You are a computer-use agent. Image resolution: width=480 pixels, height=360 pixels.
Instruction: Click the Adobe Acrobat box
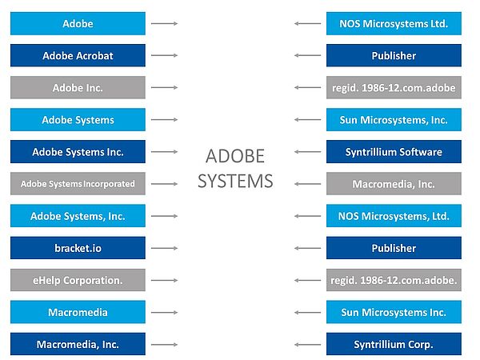pyautogui.click(x=78, y=55)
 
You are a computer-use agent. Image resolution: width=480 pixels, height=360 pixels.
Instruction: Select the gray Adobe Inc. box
pyautogui.click(x=78, y=87)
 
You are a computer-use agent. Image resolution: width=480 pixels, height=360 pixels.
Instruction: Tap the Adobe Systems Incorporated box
pyautogui.click(x=78, y=184)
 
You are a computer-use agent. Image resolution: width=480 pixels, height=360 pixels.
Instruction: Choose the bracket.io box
pyautogui.click(x=78, y=248)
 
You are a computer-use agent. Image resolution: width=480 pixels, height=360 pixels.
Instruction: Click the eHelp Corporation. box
pyautogui.click(x=78, y=280)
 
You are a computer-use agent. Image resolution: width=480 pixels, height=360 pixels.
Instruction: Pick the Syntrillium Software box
pyautogui.click(x=394, y=152)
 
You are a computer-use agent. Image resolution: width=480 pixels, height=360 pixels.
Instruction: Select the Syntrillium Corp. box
pyautogui.click(x=394, y=344)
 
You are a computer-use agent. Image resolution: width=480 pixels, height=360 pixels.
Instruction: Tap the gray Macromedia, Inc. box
pyautogui.click(x=394, y=184)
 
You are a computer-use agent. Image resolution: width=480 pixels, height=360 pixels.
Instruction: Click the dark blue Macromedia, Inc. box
pyautogui.click(x=78, y=344)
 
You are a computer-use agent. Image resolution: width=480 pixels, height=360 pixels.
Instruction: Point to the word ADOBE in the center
pyautogui.click(x=235, y=156)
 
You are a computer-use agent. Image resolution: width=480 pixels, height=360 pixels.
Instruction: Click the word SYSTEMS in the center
pyautogui.click(x=235, y=181)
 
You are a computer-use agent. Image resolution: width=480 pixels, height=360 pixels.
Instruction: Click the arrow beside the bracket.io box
pyautogui.click(x=164, y=248)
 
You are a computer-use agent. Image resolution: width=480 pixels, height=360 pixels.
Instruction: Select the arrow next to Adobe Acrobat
pyautogui.click(x=164, y=55)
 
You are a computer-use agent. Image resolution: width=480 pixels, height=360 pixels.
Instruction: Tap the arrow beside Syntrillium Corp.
pyautogui.click(x=308, y=344)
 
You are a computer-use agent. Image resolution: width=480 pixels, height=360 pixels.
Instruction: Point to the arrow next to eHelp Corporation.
pyautogui.click(x=164, y=280)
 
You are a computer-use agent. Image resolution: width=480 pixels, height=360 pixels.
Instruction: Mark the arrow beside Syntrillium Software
pyautogui.click(x=308, y=152)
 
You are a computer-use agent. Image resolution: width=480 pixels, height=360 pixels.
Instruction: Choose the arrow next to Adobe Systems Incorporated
pyautogui.click(x=164, y=184)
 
